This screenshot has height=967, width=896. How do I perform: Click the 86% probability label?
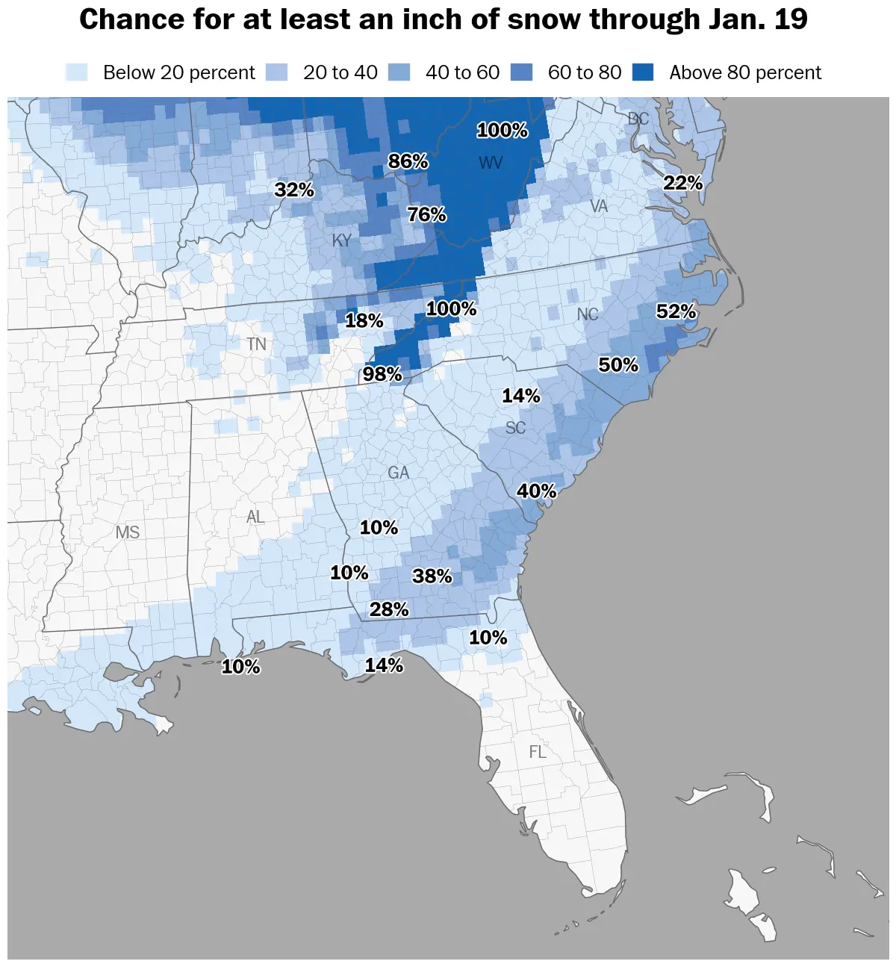click(408, 161)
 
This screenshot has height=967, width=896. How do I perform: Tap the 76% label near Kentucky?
click(426, 215)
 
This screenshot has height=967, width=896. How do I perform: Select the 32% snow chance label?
click(294, 190)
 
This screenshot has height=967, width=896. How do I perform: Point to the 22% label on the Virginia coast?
click(683, 183)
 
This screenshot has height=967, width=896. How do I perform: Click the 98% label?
click(382, 374)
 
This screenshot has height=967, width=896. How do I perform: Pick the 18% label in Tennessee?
click(364, 321)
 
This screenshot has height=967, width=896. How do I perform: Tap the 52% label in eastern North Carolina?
click(676, 311)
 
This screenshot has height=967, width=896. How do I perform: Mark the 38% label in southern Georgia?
click(432, 576)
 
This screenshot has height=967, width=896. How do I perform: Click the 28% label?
click(389, 610)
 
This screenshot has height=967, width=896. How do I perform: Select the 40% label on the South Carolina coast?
click(537, 491)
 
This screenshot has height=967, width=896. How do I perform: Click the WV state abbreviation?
click(491, 163)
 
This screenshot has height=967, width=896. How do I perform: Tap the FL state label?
click(538, 752)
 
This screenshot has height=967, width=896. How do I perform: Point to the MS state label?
click(128, 532)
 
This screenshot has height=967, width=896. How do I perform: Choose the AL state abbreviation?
click(255, 517)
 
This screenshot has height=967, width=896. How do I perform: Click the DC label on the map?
click(638, 119)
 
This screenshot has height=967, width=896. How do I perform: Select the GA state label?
click(399, 473)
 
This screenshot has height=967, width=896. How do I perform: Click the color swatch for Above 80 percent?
click(643, 72)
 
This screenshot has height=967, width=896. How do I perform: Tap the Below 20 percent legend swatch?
click(77, 72)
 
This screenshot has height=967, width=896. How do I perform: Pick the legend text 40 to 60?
click(462, 72)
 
